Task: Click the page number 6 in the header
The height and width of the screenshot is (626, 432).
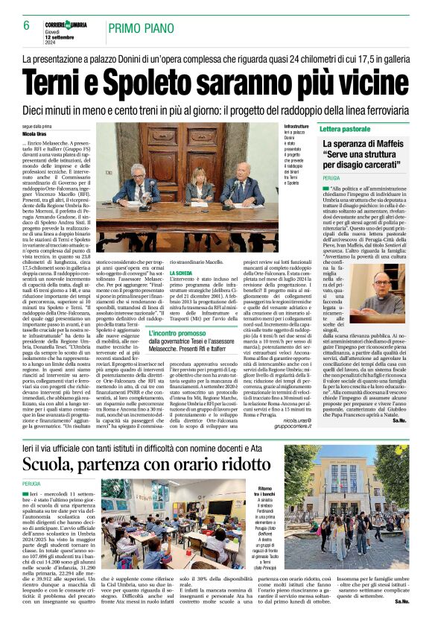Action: [x=26, y=26]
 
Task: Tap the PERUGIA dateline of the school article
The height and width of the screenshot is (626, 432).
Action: [x=34, y=484]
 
